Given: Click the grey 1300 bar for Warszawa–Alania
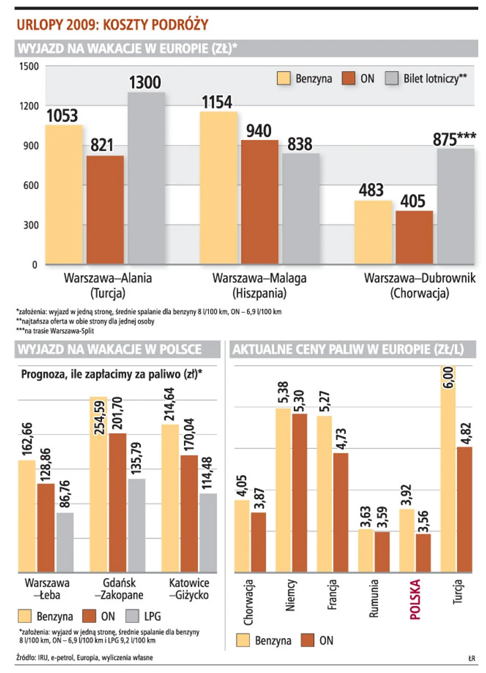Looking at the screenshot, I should pyautogui.click(x=146, y=178).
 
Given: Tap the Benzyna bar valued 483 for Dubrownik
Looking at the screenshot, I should pyautogui.click(x=372, y=232).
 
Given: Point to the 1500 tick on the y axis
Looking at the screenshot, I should pyautogui.click(x=27, y=66).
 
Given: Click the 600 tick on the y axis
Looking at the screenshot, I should pyautogui.click(x=29, y=185).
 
